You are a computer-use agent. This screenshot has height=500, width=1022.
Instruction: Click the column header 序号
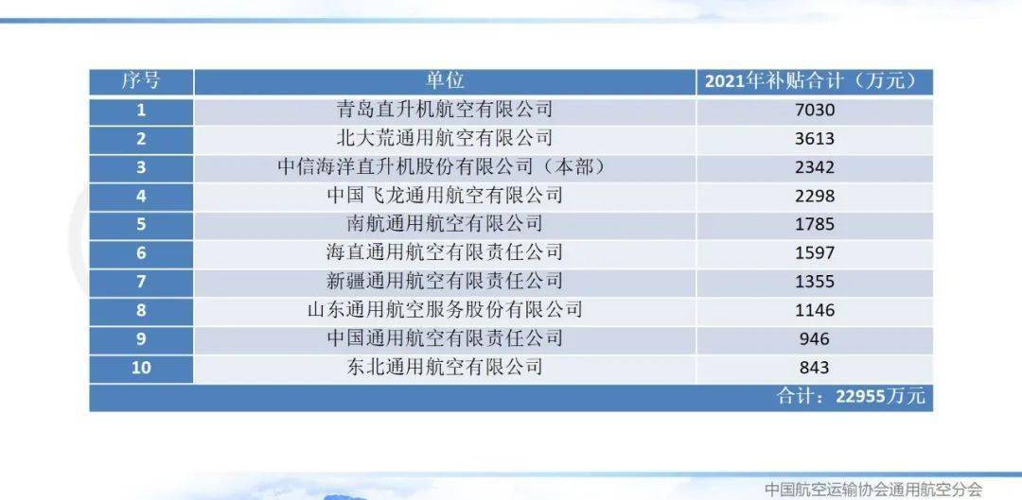click(141, 81)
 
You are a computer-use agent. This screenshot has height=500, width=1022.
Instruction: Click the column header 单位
click(445, 81)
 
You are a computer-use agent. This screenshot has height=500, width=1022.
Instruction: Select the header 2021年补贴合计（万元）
click(815, 81)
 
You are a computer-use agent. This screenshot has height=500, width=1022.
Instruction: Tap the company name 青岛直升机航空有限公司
click(445, 110)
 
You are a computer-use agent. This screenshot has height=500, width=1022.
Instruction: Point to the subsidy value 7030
click(815, 110)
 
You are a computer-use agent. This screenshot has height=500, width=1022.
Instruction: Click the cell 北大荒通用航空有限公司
click(445, 138)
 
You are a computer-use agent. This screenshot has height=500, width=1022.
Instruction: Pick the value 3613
click(815, 138)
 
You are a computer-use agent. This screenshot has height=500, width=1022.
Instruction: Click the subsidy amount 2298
click(815, 196)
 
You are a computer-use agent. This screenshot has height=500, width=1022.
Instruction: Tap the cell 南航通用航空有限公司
click(445, 224)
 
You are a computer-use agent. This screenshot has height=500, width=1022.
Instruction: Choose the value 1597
click(815, 252)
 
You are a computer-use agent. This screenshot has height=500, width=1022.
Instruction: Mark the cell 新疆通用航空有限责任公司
click(445, 281)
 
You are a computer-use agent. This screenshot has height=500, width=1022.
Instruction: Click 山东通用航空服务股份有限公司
click(445, 309)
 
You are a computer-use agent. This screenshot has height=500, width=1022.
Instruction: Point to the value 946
click(815, 338)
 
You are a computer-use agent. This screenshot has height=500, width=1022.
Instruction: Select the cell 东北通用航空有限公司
click(445, 367)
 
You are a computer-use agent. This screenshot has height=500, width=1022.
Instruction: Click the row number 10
click(141, 367)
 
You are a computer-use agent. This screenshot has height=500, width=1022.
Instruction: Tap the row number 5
click(141, 224)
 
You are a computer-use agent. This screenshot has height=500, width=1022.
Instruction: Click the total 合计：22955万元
click(851, 396)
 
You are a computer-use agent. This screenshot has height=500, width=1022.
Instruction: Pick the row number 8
click(141, 309)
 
